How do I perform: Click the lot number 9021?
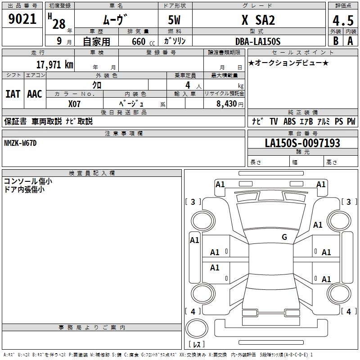22,19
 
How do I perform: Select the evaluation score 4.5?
342,21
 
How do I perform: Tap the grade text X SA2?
258,20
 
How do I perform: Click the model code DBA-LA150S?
258,41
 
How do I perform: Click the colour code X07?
75,103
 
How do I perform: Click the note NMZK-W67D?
20,143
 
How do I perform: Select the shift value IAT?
13,94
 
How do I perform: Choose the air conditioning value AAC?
35,94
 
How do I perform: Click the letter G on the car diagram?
284,237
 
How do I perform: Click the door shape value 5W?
175,21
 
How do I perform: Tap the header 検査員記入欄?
92,173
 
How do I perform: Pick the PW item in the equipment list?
351,121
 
